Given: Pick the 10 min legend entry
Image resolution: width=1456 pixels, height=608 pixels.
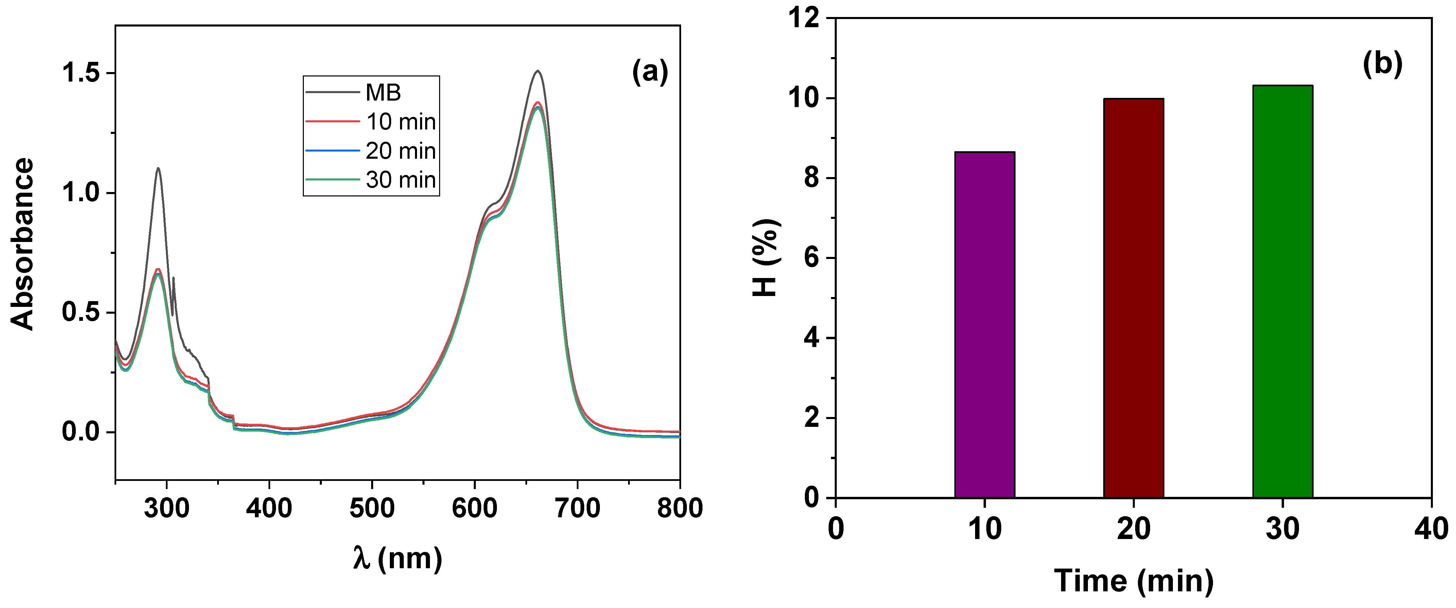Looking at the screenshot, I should coord(400,121).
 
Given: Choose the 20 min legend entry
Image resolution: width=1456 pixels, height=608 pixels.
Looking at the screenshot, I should coord(400,151).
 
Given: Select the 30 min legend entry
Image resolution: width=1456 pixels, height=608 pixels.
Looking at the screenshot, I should coord(400,180).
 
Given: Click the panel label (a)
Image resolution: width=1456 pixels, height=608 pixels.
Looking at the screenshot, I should coord(649,72).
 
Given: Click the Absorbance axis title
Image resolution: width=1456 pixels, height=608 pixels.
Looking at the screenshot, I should coord(23,244).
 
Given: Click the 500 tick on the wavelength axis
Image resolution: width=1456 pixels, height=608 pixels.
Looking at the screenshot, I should coord(371,508).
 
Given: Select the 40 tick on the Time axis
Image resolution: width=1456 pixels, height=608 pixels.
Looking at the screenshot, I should coord(1431,529).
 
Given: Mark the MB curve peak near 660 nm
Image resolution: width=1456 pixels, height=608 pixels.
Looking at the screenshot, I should coord(538,71).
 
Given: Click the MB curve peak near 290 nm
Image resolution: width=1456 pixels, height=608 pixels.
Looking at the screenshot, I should coord(158,168).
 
